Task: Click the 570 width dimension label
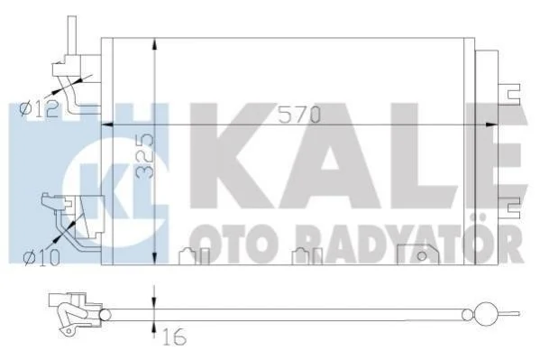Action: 299,115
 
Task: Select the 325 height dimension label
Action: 145,156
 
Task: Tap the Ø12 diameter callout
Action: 39,109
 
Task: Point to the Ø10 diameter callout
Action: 41,258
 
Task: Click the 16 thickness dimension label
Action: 175,337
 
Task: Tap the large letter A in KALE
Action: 330,156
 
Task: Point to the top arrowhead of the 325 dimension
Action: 155,44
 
